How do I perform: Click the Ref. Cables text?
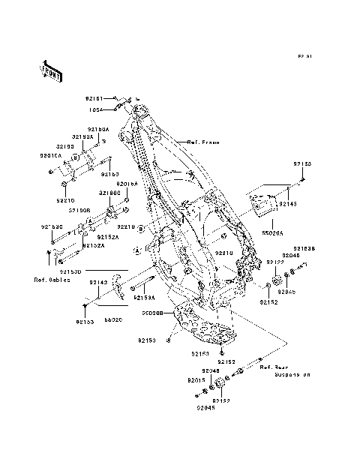[52, 280]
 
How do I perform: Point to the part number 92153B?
[303, 247]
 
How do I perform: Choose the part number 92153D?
[70, 271]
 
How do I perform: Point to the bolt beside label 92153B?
[301, 265]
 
